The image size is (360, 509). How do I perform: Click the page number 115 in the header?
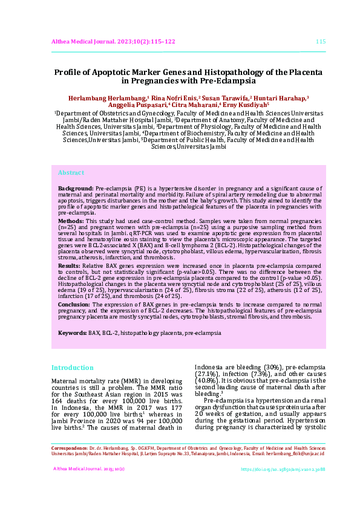click(321, 41)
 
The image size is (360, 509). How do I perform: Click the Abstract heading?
click(71, 173)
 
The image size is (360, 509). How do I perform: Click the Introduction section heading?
click(72, 368)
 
